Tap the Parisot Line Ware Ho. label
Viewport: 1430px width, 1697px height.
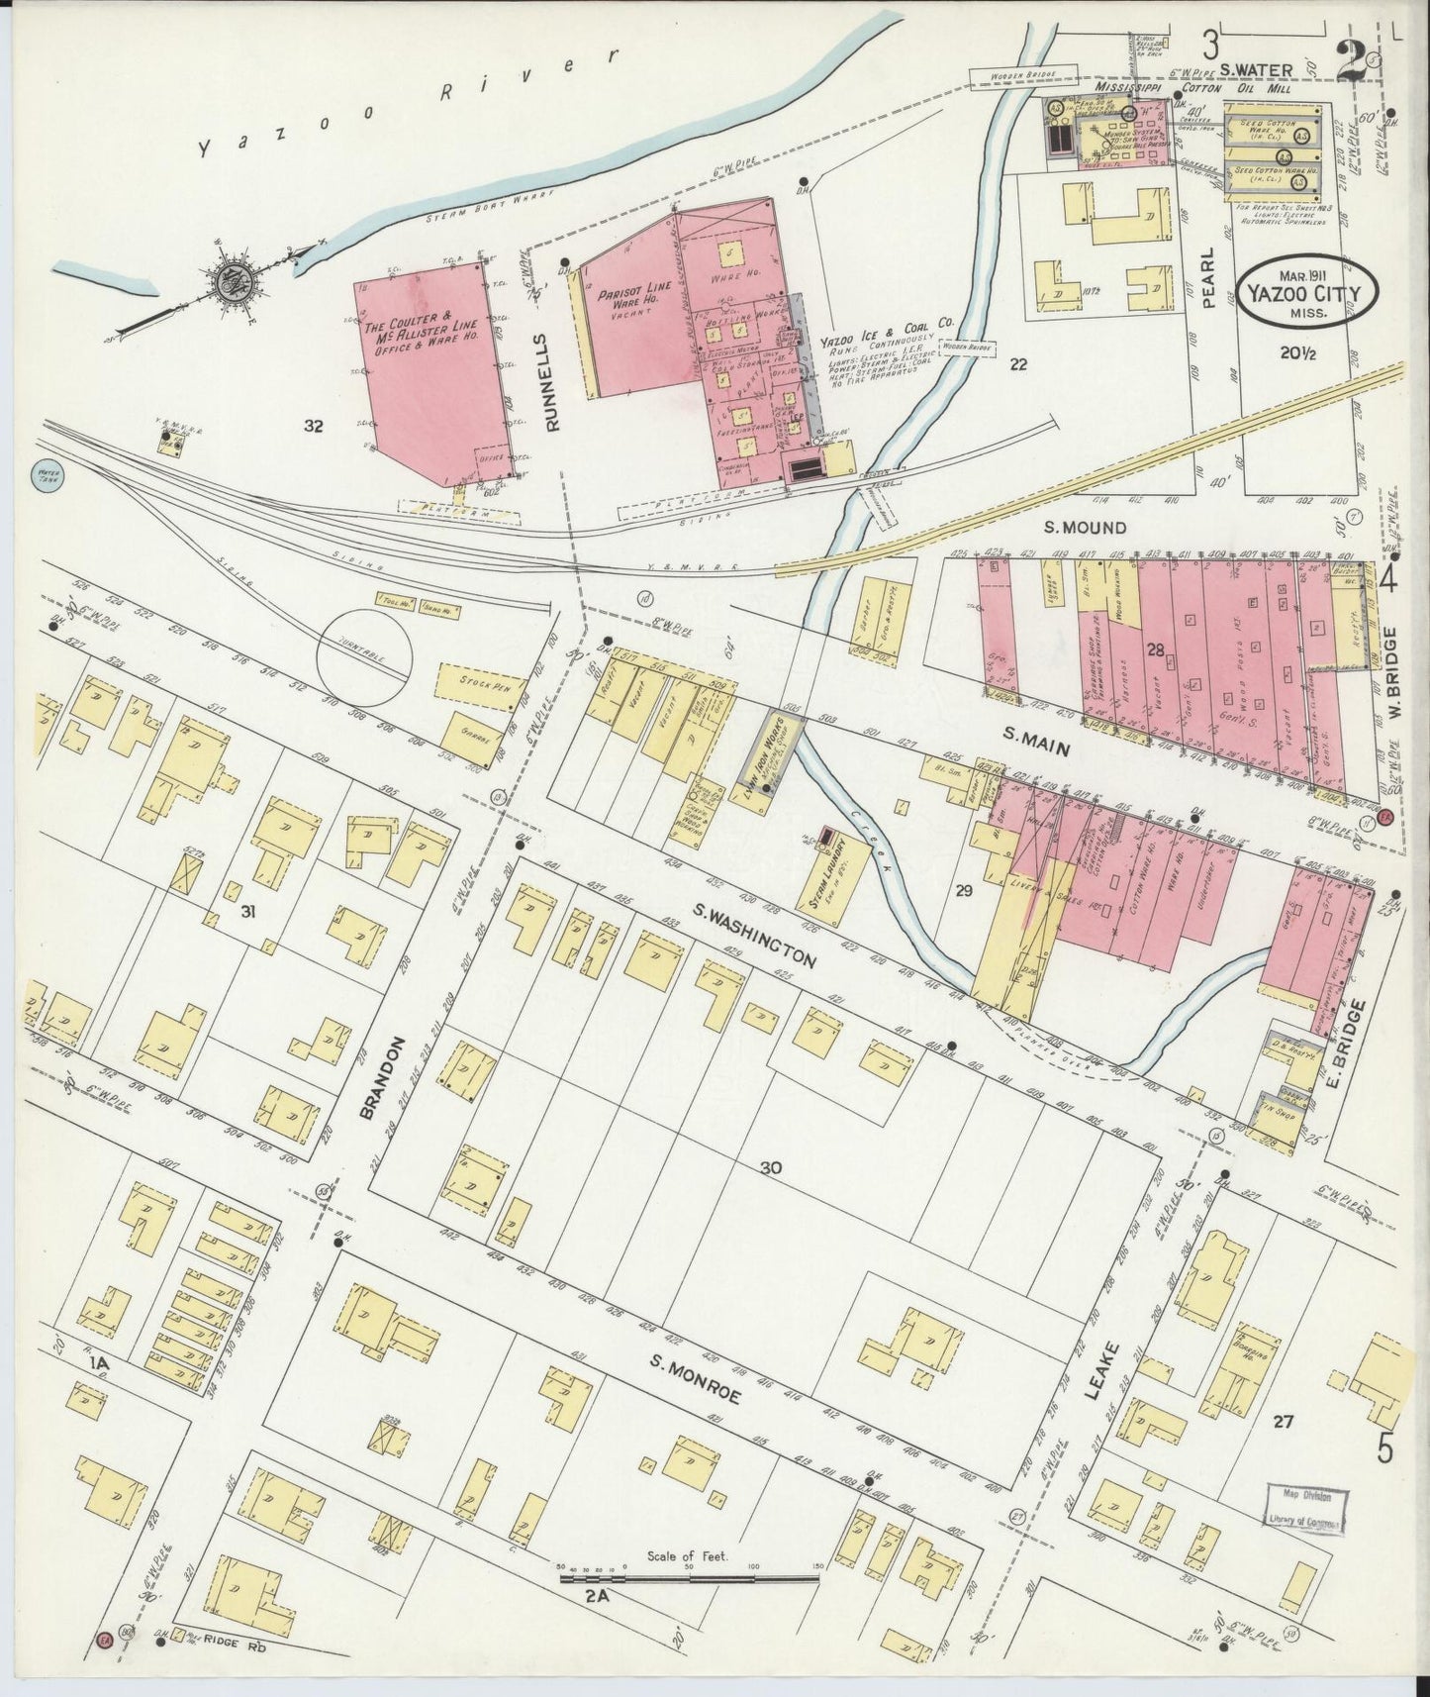click(626, 300)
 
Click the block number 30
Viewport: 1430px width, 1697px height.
click(772, 1168)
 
